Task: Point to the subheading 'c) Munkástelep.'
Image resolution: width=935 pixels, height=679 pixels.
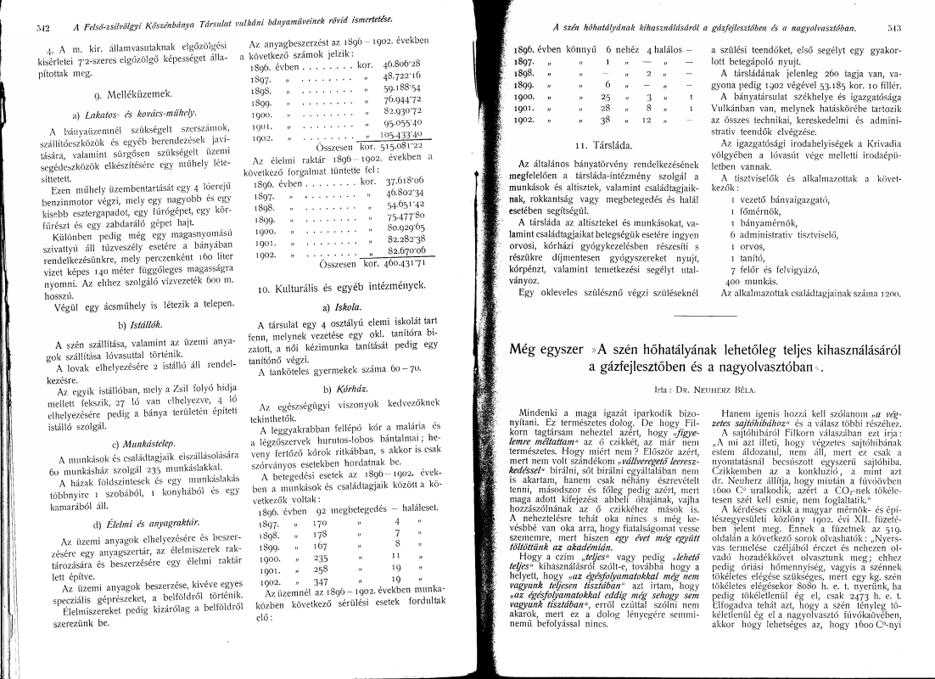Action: click(126, 443)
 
